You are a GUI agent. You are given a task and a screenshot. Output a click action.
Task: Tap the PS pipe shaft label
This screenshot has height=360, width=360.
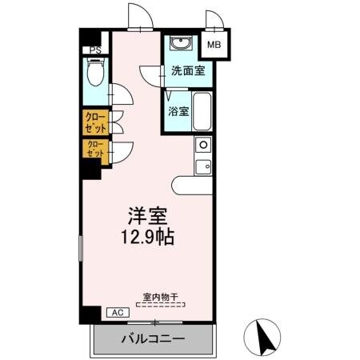[x=94, y=50]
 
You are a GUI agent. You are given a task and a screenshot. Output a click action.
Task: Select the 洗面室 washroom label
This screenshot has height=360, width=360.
[x=187, y=71]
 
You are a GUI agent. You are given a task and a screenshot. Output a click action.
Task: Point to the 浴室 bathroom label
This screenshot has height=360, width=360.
[x=178, y=111]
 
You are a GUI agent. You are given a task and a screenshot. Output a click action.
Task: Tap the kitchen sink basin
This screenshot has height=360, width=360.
[x=203, y=166]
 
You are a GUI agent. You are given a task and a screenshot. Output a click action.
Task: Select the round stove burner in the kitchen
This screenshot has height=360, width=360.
[x=203, y=146]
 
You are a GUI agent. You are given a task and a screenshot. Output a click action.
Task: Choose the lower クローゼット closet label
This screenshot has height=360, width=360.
[x=94, y=149]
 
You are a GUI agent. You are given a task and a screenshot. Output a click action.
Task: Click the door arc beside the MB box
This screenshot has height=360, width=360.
[x=213, y=19]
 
